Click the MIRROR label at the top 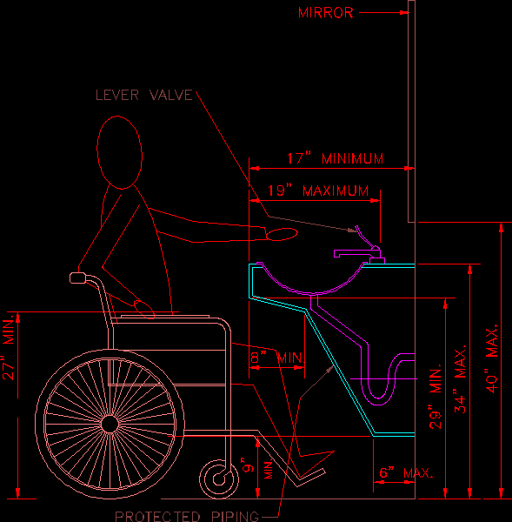(x=325, y=13)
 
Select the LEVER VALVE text (x=144, y=95)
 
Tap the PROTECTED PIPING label (x=187, y=516)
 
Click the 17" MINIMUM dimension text (x=335, y=158)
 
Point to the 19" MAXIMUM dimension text (x=318, y=191)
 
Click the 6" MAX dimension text (x=406, y=472)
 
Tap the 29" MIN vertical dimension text (x=436, y=396)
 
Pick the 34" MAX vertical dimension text (x=460, y=379)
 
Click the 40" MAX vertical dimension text (x=491, y=358)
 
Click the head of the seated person (x=119, y=152)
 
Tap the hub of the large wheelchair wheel (x=110, y=425)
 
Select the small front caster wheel (x=219, y=479)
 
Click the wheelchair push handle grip (x=78, y=278)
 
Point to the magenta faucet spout (x=353, y=254)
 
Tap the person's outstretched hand (x=282, y=234)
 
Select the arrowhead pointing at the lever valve (x=352, y=231)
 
